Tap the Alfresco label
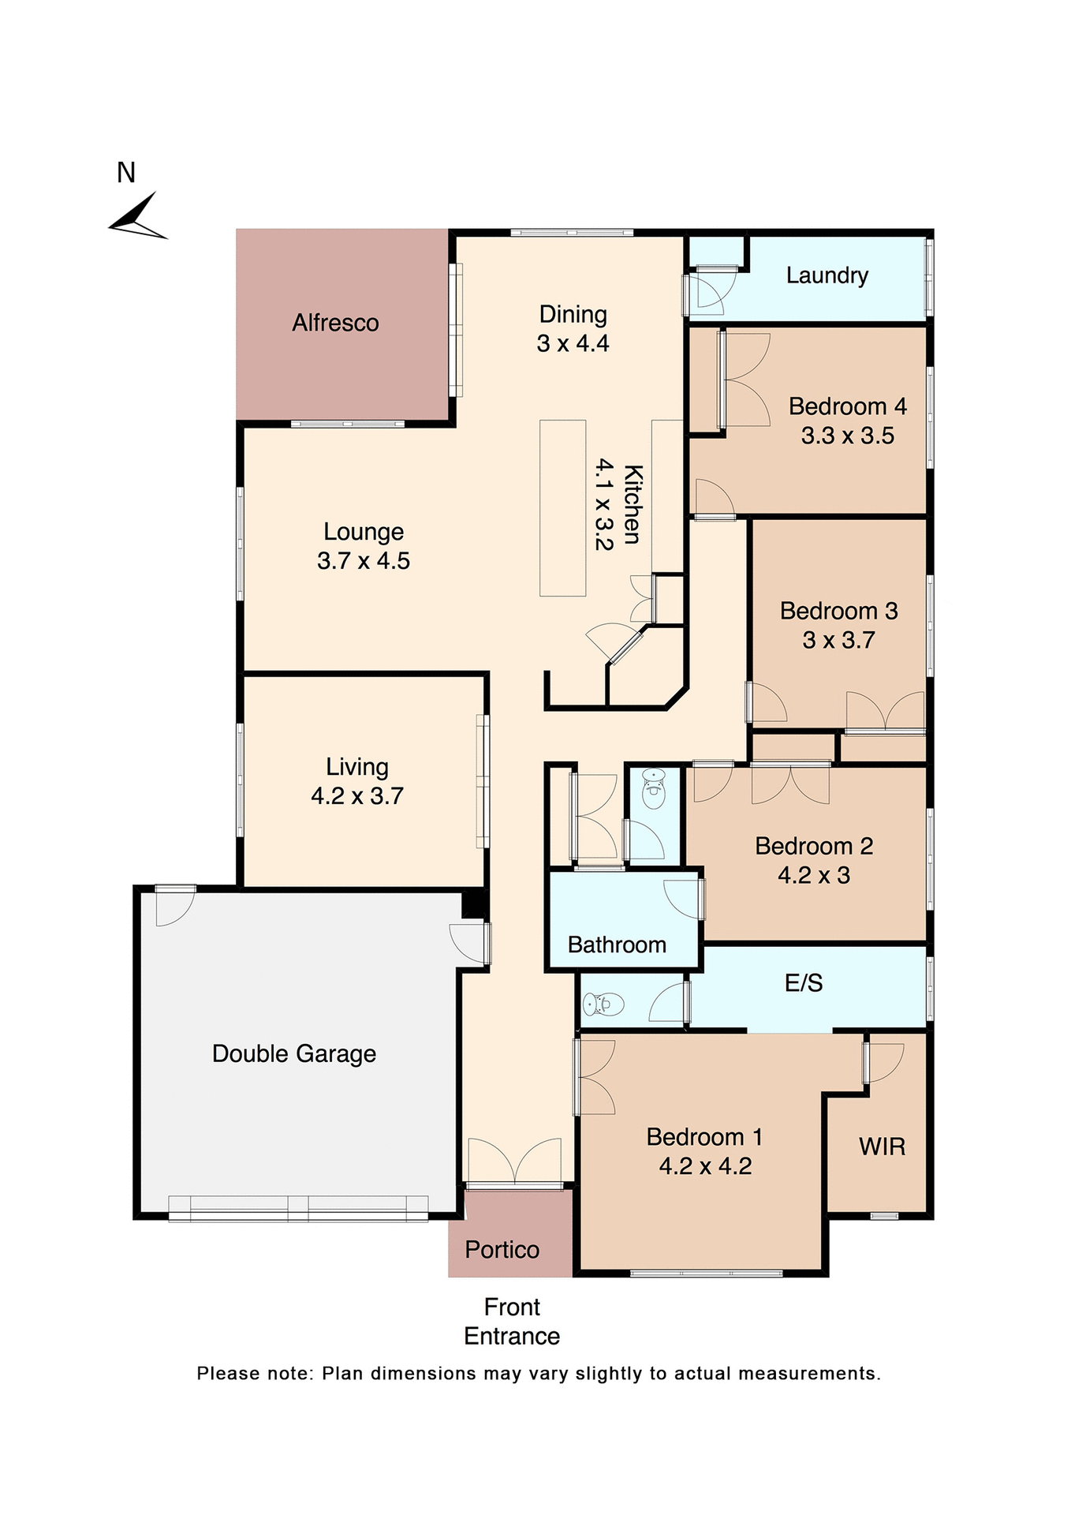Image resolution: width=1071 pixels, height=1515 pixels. [335, 323]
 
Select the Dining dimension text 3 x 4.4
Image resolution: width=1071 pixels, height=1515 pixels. [573, 344]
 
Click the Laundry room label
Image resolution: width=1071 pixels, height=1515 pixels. [827, 275]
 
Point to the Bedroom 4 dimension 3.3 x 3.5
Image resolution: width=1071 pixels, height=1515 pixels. [847, 436]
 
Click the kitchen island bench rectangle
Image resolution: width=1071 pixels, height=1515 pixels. [562, 508]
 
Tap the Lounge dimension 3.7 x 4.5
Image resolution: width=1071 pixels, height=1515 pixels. [363, 561]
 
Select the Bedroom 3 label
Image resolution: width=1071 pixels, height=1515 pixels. [838, 611]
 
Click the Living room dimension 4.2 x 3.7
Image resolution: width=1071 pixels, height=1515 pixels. [356, 796]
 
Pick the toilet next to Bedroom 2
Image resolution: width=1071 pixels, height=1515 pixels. [653, 788]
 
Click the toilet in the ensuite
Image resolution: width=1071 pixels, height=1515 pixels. [603, 1004]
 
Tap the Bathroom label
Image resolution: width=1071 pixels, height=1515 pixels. [617, 945]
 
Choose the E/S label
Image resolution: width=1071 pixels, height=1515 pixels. [803, 983]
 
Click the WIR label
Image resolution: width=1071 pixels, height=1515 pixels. [882, 1147]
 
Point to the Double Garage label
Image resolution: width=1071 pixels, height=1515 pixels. [294, 1054]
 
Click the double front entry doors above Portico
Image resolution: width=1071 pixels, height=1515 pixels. [514, 1162]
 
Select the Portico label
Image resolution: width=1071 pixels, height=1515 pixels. [502, 1250]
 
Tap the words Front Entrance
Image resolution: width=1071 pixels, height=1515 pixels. [512, 1322]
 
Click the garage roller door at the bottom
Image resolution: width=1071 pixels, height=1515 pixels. [298, 1208]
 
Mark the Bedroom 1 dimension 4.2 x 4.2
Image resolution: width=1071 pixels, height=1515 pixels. [705, 1166]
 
